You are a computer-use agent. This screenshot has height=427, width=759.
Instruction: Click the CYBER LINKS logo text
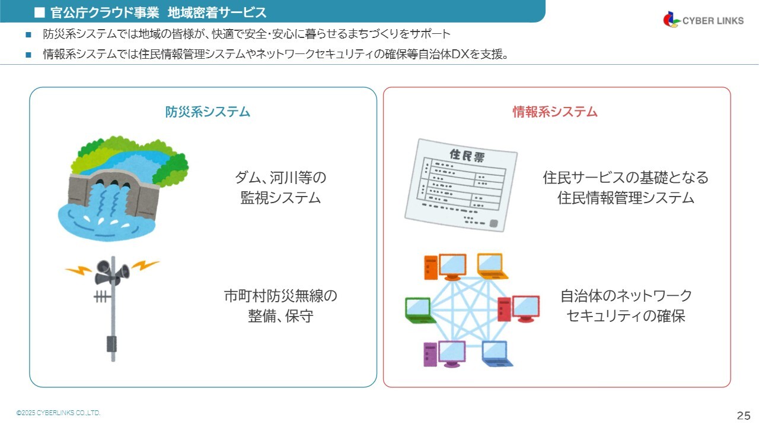click(x=713, y=21)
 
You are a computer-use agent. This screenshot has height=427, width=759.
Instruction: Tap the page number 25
click(x=744, y=416)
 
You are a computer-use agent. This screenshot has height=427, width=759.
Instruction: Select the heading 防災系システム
click(x=208, y=112)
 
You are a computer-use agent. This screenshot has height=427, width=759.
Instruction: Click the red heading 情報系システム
click(x=554, y=112)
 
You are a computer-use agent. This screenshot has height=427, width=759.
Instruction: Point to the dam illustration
click(x=123, y=188)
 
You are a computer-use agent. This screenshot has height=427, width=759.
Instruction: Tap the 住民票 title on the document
click(x=467, y=156)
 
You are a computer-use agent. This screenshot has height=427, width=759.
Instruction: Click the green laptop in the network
click(x=419, y=311)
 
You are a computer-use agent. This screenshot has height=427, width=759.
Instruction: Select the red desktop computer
click(x=518, y=309)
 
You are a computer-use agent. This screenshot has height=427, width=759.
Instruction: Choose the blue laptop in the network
click(x=496, y=354)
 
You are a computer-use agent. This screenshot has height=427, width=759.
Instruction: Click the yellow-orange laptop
click(x=492, y=266)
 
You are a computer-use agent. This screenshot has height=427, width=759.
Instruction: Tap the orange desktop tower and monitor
click(x=445, y=267)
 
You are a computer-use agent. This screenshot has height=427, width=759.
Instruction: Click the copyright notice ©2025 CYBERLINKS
click(x=58, y=413)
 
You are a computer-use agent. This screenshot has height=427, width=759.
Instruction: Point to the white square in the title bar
click(x=40, y=12)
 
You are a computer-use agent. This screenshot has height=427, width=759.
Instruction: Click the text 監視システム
click(x=280, y=198)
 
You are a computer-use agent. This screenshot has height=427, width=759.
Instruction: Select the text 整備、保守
click(x=280, y=316)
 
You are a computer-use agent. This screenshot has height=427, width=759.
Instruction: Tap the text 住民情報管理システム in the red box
click(x=626, y=198)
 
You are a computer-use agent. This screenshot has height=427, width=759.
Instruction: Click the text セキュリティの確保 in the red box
click(x=626, y=316)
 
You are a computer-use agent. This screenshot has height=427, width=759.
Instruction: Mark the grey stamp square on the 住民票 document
click(x=494, y=223)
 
